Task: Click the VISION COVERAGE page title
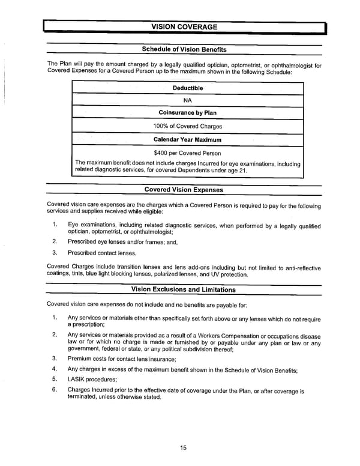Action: click(184, 26)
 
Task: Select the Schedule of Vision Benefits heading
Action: click(184, 49)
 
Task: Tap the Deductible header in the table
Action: click(188, 88)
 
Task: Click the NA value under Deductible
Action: click(188, 101)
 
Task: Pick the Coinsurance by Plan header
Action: click(188, 113)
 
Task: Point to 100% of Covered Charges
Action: click(188, 126)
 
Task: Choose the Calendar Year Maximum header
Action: click(188, 139)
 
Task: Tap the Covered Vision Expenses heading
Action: click(184, 190)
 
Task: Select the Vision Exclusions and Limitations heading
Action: click(184, 289)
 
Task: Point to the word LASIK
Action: click(77, 379)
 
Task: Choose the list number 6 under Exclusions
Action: click(54, 389)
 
